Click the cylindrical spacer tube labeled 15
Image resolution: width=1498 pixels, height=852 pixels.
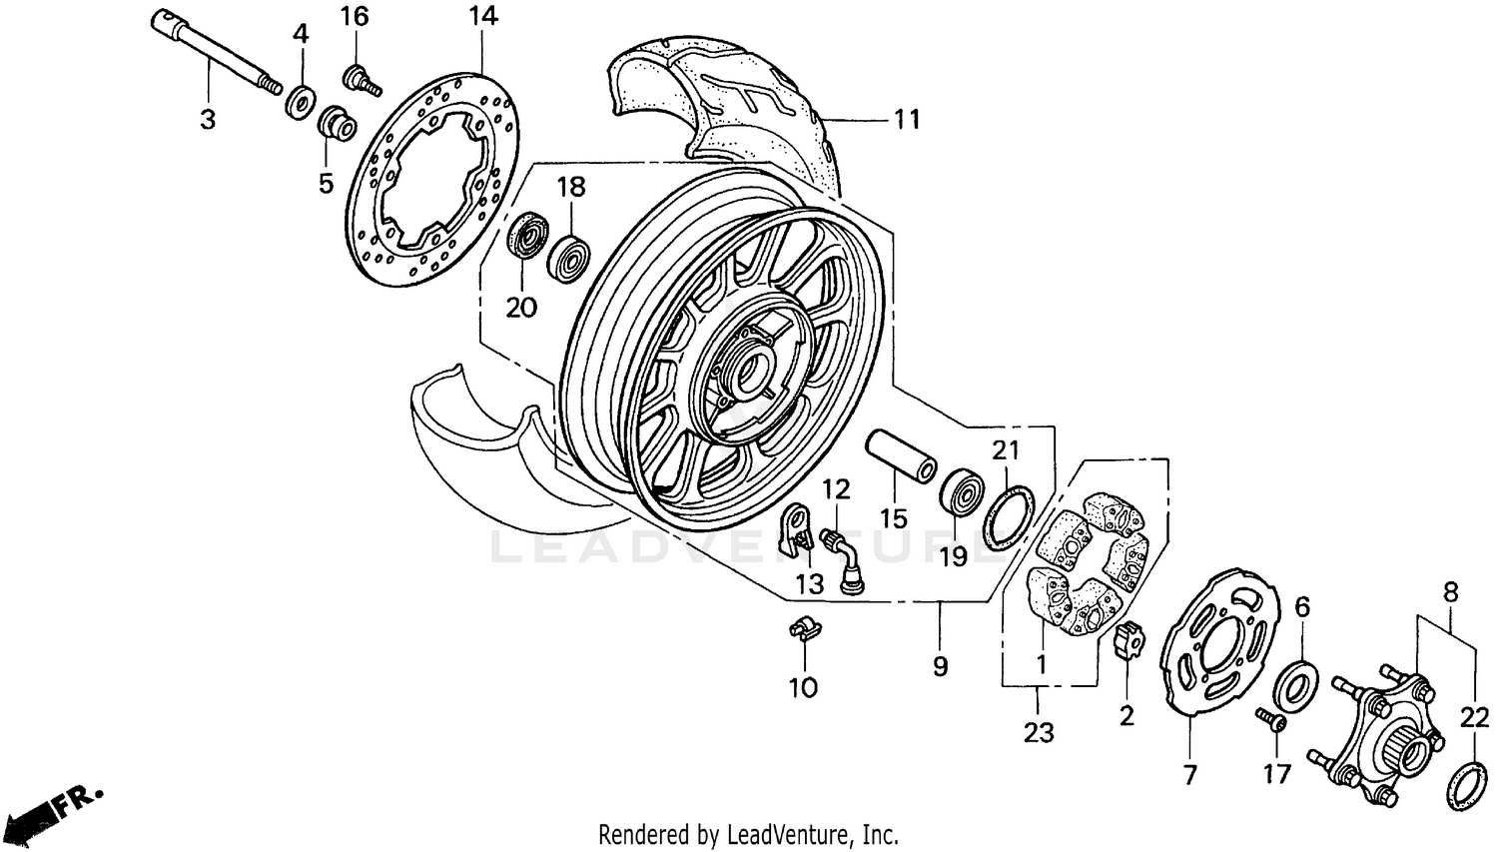pyautogui.click(x=900, y=454)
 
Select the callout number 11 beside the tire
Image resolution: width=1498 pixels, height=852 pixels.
pyautogui.click(x=906, y=120)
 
